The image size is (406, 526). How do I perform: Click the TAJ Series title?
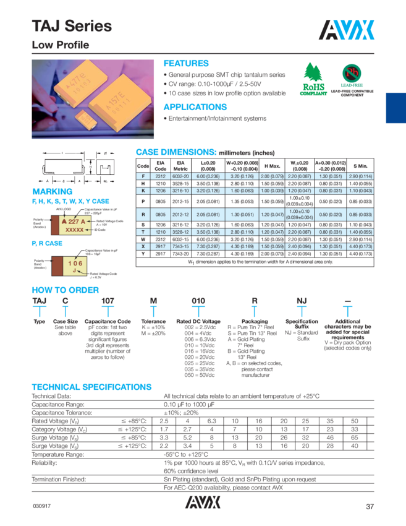click(x=72, y=26)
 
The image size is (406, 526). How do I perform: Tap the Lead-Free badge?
click(x=352, y=77)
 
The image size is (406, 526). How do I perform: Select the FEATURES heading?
click(x=185, y=63)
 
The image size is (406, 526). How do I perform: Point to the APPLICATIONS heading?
click(x=195, y=106)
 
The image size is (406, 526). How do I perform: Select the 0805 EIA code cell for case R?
click(x=161, y=214)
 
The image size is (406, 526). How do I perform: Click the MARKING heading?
click(x=52, y=191)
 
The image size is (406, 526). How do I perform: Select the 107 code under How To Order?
click(x=107, y=300)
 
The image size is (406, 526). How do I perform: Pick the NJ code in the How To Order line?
click(x=301, y=300)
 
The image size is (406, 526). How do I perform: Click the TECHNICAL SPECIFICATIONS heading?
click(x=91, y=387)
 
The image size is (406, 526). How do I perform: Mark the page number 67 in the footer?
click(x=370, y=507)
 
